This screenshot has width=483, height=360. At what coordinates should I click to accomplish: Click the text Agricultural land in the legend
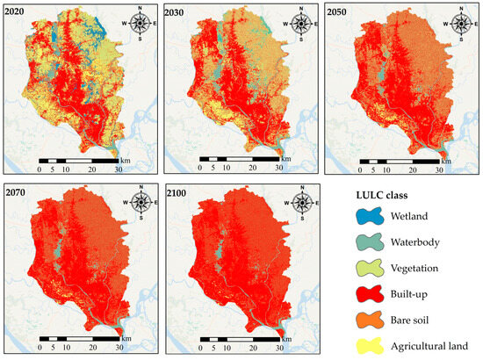[431, 346]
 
